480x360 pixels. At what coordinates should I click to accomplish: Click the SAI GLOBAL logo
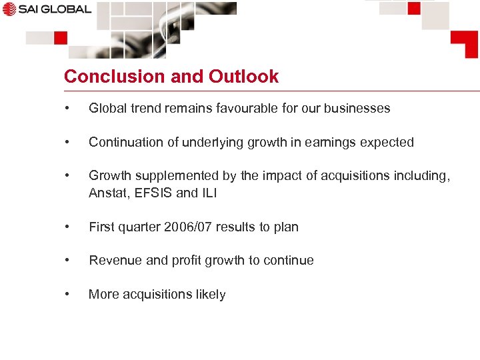(46, 9)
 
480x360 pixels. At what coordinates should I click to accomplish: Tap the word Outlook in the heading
(243, 77)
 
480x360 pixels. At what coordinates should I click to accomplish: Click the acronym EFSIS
(152, 193)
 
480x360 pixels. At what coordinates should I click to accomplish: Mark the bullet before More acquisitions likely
(67, 294)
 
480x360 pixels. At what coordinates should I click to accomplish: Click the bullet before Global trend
(67, 108)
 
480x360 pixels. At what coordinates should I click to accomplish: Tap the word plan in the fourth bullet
(286, 227)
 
